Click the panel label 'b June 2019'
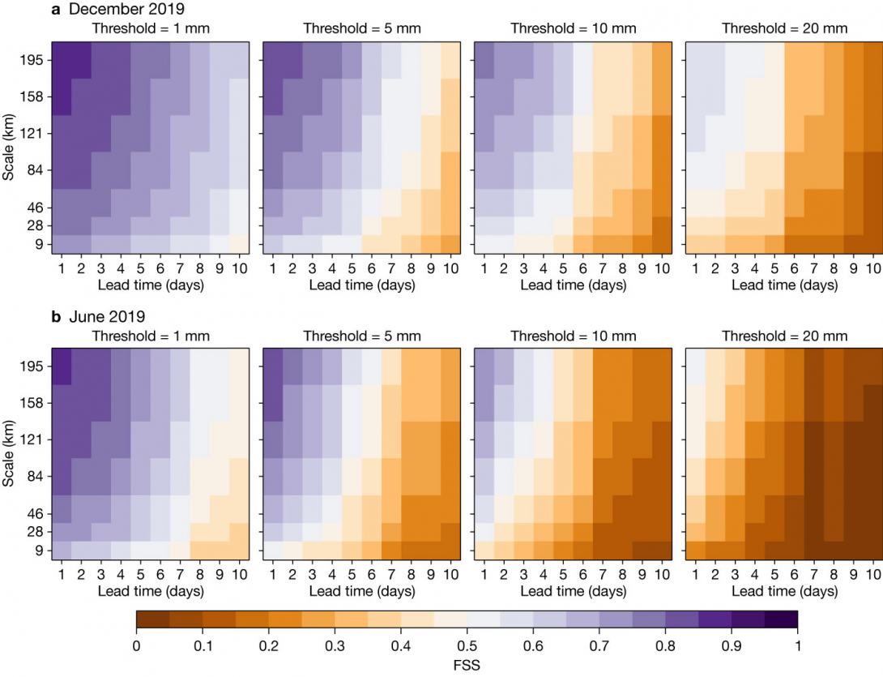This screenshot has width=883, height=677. [x=92, y=316]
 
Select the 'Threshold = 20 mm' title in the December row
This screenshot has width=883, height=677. [x=784, y=28]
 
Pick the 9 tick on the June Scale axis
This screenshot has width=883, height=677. [x=39, y=551]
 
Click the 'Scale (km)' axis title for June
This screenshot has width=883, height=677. [x=10, y=454]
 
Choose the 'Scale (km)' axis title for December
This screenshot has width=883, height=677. [x=10, y=148]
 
